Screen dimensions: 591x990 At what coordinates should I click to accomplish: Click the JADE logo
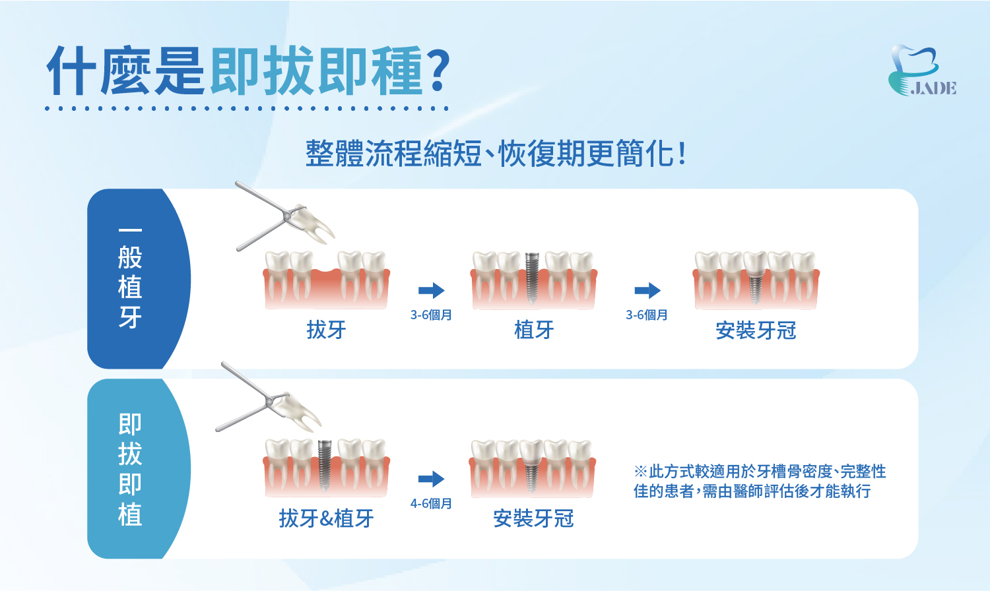pos(923,71)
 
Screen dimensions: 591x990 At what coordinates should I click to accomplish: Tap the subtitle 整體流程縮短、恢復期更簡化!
pos(496,154)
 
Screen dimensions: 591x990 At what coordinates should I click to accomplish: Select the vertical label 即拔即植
pos(130,469)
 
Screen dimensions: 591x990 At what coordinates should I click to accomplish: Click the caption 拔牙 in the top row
pos(326,330)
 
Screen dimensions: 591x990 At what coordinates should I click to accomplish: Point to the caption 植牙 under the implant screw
pos(534,330)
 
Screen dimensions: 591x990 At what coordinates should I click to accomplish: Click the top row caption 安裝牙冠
pos(756,330)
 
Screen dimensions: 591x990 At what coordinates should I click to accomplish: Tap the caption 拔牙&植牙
pos(326,518)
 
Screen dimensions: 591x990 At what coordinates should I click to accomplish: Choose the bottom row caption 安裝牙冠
pos(533,518)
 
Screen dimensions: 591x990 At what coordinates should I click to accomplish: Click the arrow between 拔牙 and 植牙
pos(431,290)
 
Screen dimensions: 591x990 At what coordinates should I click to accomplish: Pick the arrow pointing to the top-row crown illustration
pos(647,290)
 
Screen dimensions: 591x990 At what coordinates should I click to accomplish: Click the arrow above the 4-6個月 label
pos(431,479)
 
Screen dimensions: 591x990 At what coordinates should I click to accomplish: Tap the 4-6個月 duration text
pos(431,504)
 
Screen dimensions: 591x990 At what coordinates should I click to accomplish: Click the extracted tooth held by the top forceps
pos(313,223)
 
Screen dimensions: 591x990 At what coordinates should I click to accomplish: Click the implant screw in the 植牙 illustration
pos(532,277)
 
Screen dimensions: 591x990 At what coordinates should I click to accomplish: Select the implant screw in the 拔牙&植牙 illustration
pos(323,465)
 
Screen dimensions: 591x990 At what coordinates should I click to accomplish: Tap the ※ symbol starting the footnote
pos(640,472)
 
